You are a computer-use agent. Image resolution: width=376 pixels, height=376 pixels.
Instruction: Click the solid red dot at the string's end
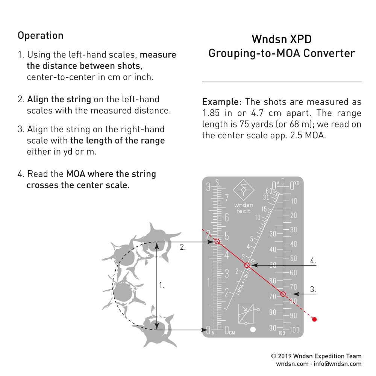[315, 319]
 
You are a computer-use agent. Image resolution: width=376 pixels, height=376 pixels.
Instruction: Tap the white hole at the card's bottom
[253, 330]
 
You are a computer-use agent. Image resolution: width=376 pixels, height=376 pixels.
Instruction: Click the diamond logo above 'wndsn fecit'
[244, 191]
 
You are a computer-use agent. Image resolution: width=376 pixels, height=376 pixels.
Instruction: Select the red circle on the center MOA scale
[247, 265]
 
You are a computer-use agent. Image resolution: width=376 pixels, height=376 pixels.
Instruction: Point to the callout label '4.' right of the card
[313, 260]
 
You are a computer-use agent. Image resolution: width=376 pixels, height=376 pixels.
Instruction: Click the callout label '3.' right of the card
[313, 290]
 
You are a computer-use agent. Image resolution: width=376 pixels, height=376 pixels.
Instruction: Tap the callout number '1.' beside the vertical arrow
[162, 285]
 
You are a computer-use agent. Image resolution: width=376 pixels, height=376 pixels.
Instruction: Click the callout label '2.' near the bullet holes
[182, 247]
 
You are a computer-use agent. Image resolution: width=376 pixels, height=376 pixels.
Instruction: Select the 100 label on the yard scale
[294, 330]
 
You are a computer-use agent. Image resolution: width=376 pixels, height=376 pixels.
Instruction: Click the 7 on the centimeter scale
[227, 199]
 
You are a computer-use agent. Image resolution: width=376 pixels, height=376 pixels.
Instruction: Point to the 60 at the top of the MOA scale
[269, 191]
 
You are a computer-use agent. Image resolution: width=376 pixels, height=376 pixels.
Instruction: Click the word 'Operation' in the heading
[41, 36]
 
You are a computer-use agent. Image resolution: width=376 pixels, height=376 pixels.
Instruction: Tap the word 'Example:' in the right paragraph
[222, 102]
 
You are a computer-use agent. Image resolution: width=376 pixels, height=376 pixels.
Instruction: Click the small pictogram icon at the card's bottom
[247, 314]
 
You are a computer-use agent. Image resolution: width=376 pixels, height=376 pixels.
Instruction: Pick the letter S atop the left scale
[217, 183]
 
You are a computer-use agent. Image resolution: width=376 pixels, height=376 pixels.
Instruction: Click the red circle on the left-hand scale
[217, 241]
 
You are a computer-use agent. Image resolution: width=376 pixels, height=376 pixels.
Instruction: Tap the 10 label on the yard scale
[294, 201]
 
